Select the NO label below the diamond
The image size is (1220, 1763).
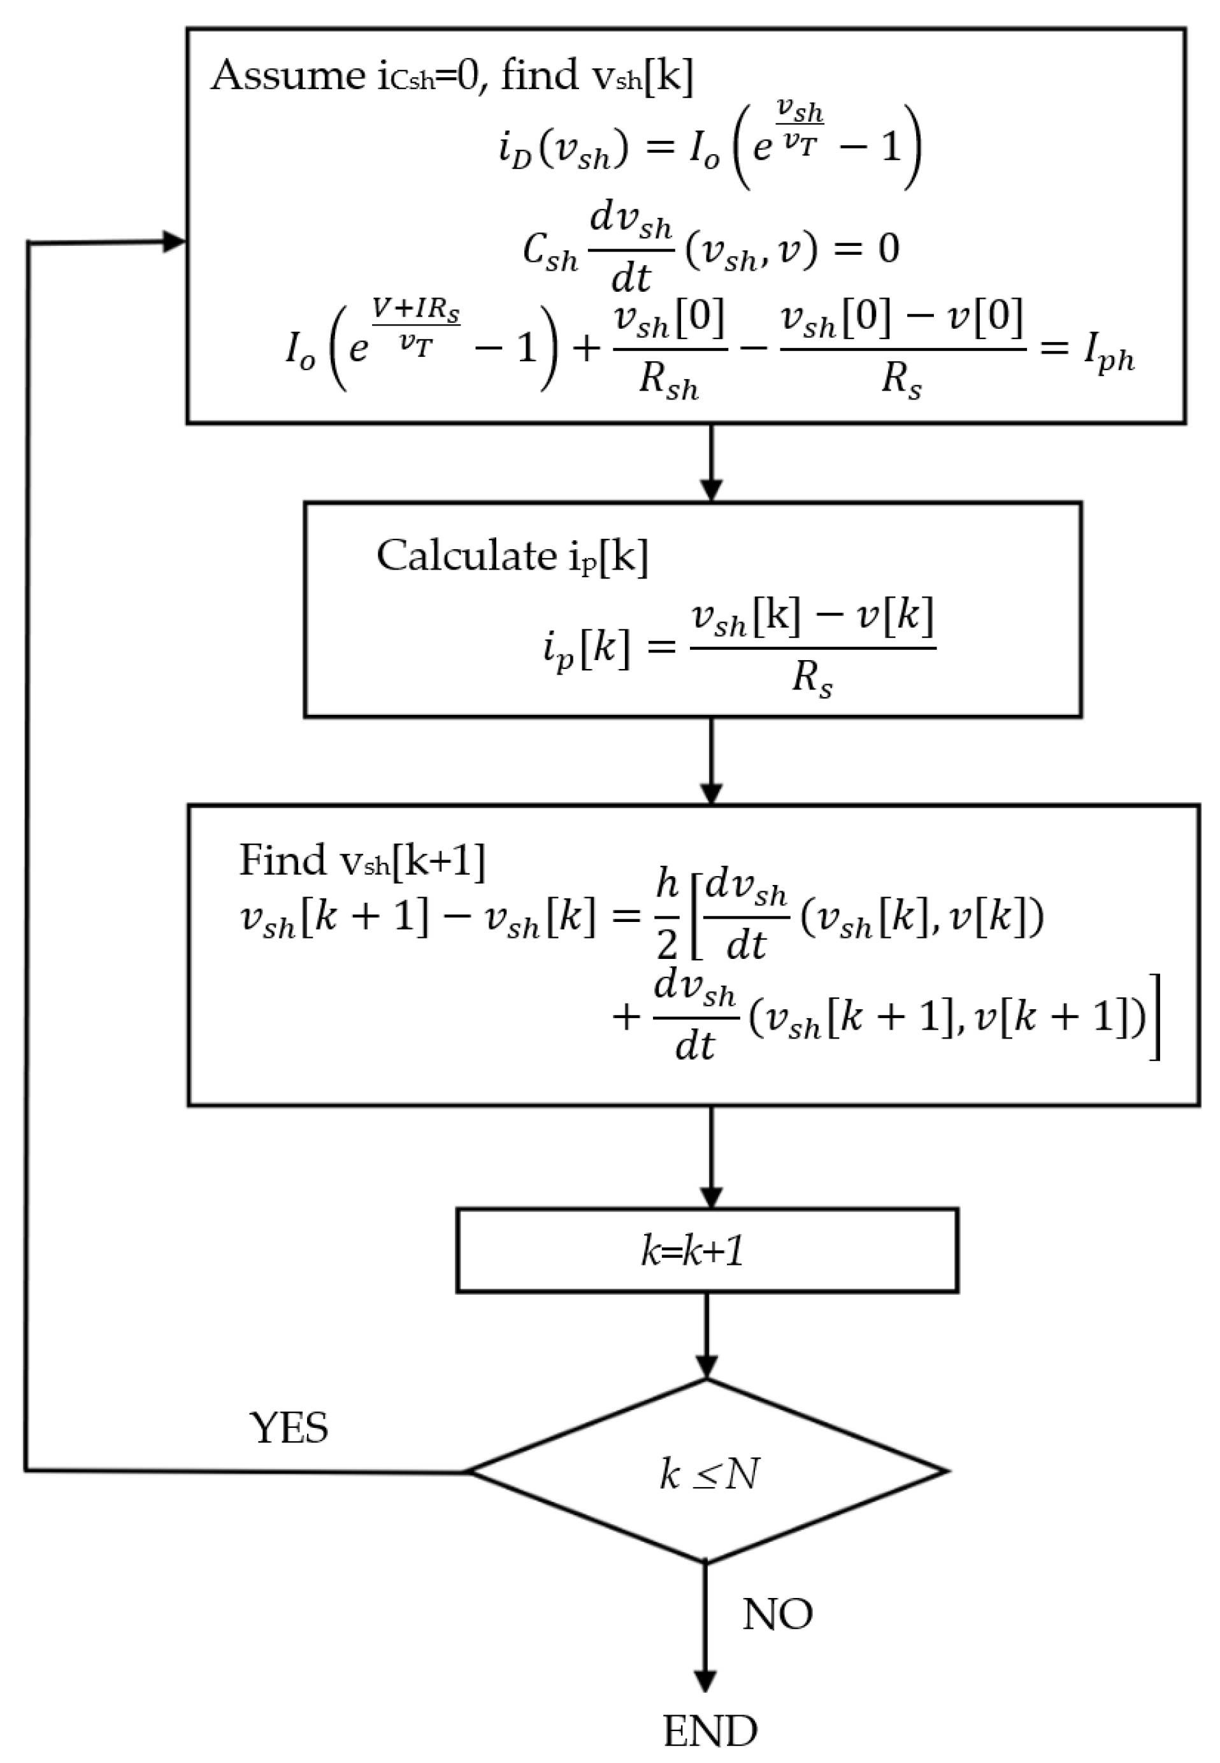tap(777, 1614)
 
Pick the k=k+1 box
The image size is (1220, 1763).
tap(707, 1251)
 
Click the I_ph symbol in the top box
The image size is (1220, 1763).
tap(1109, 354)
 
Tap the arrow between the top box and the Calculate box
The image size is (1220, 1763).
tap(711, 463)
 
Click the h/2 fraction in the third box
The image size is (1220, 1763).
tap(666, 915)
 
